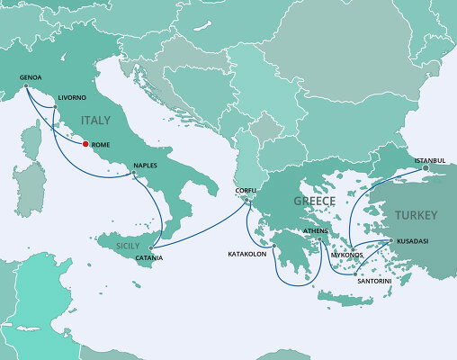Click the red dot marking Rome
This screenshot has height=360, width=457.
pos(85,142)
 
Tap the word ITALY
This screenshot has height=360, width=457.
pos(95,120)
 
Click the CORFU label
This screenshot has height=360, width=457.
pos(246,191)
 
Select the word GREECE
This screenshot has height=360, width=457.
pos(315,201)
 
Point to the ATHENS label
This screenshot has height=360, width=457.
pos(317,230)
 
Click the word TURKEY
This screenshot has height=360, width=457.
pos(416,216)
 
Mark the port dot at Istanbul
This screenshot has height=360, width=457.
pos(426,168)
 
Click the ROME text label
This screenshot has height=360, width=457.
pos(101,143)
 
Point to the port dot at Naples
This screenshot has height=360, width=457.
pos(134,173)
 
